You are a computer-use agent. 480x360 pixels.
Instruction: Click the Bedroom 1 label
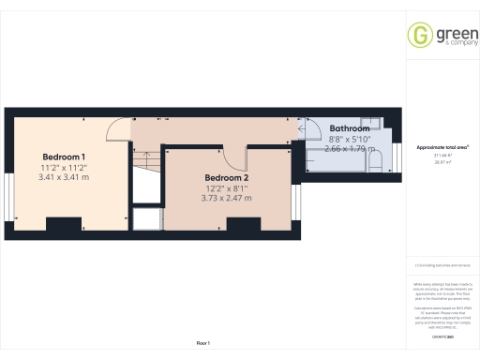[x=64, y=156]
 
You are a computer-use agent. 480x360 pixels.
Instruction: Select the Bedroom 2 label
[x=226, y=177]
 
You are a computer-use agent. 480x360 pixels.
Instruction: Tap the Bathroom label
[x=349, y=128]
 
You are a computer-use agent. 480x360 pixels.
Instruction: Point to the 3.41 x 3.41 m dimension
[x=64, y=176]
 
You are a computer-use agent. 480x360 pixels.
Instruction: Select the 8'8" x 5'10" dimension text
[x=349, y=139]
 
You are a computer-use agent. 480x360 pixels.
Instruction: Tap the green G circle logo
[x=418, y=37]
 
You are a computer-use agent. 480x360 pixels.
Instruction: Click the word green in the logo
[x=449, y=33]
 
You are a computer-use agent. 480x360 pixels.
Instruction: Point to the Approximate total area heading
[x=442, y=148]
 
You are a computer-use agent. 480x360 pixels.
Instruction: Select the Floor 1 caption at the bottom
[x=203, y=343]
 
